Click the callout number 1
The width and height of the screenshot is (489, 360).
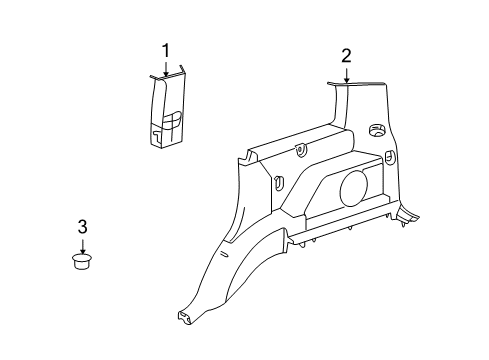pyautogui.click(x=166, y=50)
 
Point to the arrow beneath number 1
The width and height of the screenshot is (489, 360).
pyautogui.click(x=166, y=67)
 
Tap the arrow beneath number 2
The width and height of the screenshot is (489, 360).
pyautogui.click(x=346, y=74)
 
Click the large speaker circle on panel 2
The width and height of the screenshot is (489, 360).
pyautogui.click(x=355, y=188)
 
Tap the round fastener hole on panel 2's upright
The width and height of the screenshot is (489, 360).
pyautogui.click(x=378, y=131)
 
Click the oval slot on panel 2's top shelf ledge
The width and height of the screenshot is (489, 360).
pyautogui.click(x=301, y=151)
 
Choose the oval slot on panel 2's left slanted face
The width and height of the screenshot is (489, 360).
pyautogui.click(x=279, y=183)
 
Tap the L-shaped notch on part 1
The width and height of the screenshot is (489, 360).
pyautogui.click(x=160, y=127)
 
